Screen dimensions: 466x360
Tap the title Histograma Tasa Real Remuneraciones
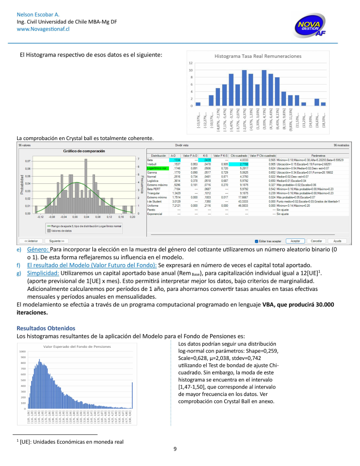click(x=258, y=56)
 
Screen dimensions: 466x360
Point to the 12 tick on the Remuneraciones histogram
click(x=191, y=63)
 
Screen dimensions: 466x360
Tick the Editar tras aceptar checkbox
click(x=257, y=241)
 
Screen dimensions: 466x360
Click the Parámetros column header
click(x=311, y=155)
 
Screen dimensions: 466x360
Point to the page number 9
click(x=175, y=448)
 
